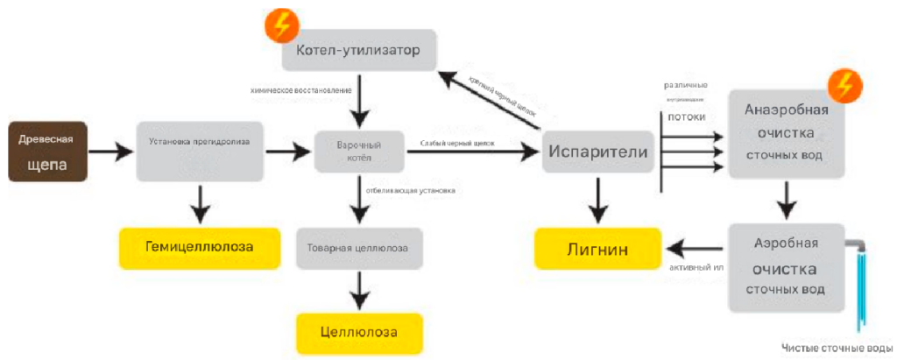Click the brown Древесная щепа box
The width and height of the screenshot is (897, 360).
47,152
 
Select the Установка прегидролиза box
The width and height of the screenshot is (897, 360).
201,152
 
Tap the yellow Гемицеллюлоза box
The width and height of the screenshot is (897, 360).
200,247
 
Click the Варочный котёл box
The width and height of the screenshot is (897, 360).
360,152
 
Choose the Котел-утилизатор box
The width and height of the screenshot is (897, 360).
359,50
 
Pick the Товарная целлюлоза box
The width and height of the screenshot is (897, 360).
359,248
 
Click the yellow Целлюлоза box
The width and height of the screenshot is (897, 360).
359,333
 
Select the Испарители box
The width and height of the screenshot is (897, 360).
598,152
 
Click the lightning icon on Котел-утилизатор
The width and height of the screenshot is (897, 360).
282,25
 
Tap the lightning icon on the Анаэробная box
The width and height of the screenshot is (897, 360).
845,86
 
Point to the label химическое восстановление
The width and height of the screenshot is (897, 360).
301,90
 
